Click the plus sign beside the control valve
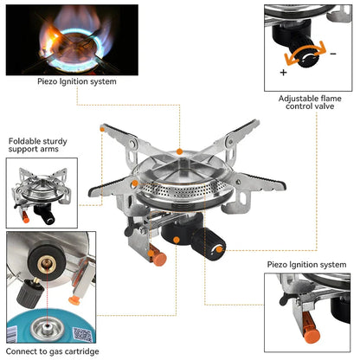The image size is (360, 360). point(283,72)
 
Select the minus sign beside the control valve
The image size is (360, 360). point(333,53)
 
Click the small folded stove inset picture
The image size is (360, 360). point(42,192)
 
